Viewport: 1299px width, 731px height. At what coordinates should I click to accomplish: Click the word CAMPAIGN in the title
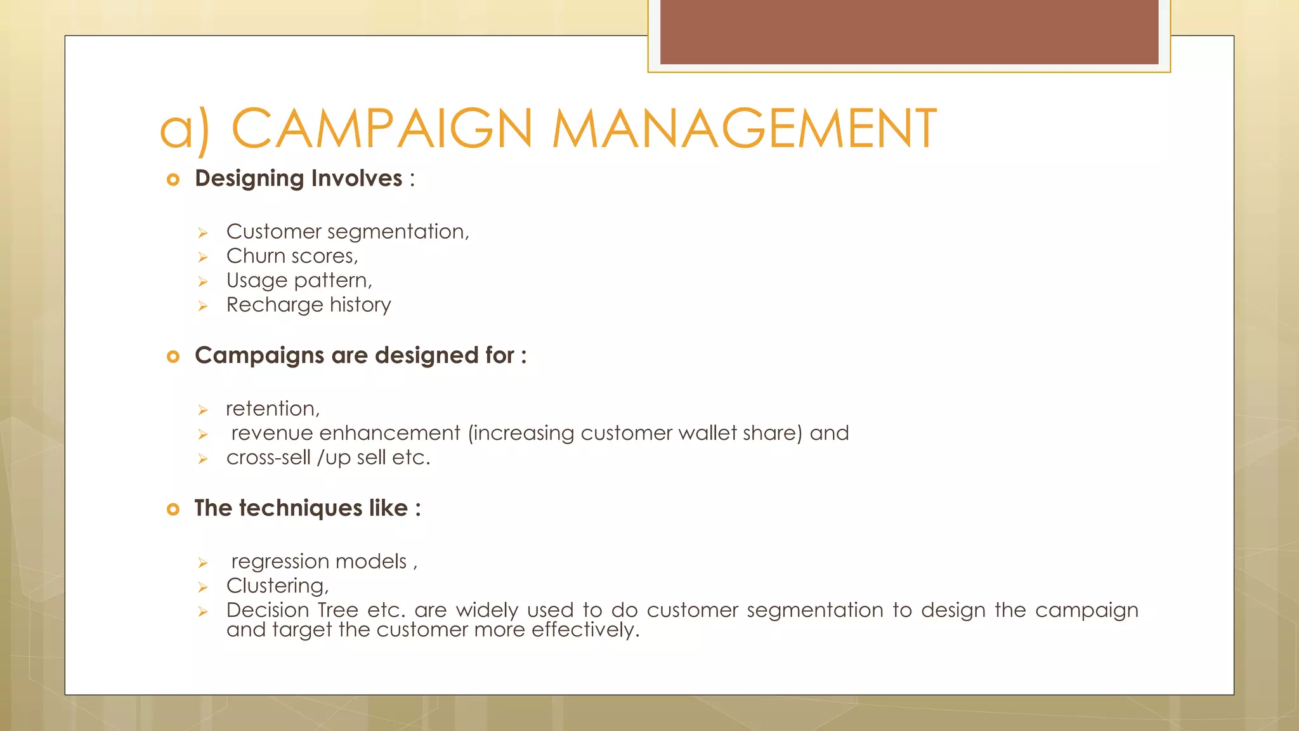[x=382, y=129]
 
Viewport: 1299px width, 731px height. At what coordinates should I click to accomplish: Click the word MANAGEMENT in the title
[x=744, y=129]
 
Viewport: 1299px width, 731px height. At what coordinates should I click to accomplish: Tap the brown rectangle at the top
[x=909, y=32]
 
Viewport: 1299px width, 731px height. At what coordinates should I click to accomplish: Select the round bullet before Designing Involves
[x=173, y=180]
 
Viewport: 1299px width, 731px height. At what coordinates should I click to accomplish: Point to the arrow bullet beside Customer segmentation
[x=203, y=234]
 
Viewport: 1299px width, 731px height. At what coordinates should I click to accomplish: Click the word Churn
[x=256, y=256]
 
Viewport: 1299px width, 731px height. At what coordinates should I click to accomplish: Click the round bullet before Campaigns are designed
[x=173, y=357]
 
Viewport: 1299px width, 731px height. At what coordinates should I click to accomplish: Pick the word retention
[x=271, y=409]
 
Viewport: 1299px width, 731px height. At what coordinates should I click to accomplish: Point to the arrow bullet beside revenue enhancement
[x=203, y=435]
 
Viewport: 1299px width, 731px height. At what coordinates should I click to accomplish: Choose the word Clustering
[x=276, y=586]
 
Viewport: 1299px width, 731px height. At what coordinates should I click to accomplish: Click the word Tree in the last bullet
[x=337, y=610]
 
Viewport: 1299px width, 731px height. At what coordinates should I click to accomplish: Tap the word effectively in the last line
[x=584, y=629]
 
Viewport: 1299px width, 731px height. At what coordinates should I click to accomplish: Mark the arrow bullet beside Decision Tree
[x=203, y=612]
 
